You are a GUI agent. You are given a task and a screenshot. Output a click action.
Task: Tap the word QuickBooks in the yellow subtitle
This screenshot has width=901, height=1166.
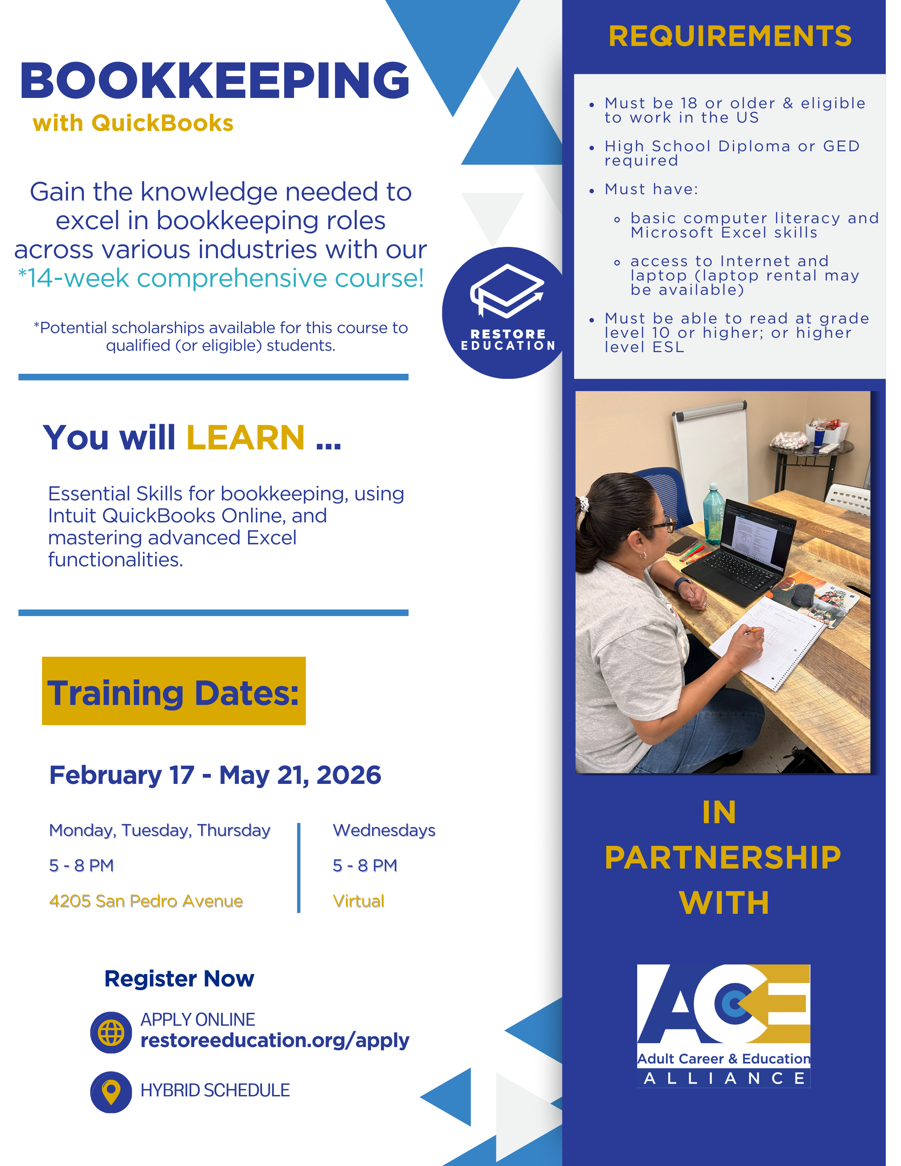coord(162,123)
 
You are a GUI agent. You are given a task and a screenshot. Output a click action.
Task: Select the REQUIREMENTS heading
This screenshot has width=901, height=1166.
coord(730,36)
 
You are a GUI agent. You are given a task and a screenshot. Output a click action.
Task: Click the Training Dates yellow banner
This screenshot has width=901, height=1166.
coord(174,691)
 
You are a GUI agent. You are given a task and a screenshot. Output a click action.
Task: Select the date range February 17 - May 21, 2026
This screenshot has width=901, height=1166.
coord(215,775)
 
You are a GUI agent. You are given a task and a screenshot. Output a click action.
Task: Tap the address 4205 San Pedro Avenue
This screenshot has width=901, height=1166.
coord(146,901)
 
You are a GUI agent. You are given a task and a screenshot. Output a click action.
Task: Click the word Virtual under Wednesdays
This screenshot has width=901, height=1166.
coord(358,901)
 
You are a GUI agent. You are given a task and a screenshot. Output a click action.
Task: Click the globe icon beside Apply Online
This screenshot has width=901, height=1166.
coord(111,1032)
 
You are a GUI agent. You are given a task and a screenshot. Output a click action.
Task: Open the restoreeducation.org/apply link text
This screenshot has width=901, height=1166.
coord(275,1040)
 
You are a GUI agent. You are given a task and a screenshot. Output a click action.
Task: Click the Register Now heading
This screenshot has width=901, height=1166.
coord(179,979)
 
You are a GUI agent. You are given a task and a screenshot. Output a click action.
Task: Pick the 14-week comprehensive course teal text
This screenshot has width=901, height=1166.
coord(221,278)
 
